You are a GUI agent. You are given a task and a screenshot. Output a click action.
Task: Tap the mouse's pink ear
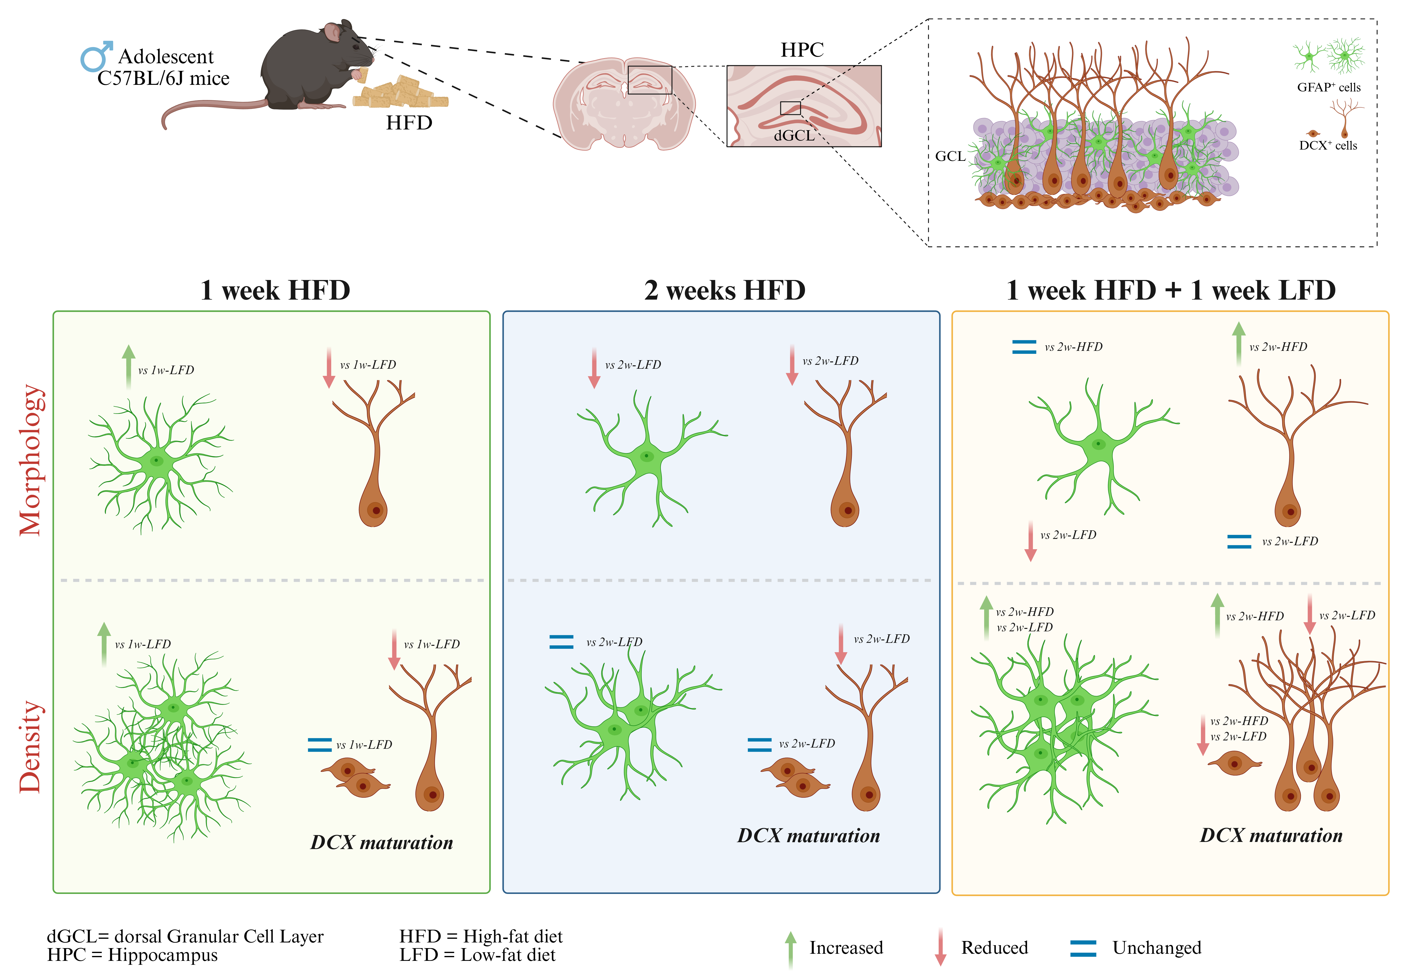pyautogui.click(x=333, y=32)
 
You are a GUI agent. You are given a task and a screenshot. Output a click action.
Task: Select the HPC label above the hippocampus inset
pyautogui.click(x=802, y=50)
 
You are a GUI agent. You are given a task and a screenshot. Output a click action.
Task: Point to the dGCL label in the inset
pyautogui.click(x=794, y=136)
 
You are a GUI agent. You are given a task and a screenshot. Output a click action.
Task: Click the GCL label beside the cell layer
pyautogui.click(x=950, y=156)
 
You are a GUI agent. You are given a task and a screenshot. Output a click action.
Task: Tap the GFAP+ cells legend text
pyautogui.click(x=1329, y=87)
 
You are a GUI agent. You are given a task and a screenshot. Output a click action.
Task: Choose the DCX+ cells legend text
pyautogui.click(x=1328, y=145)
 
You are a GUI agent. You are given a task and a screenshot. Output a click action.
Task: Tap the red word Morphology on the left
pyautogui.click(x=31, y=460)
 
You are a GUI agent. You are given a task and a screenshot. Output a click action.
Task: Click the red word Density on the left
pyautogui.click(x=31, y=747)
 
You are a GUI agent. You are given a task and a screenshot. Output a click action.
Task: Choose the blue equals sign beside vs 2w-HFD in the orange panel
pyautogui.click(x=1024, y=347)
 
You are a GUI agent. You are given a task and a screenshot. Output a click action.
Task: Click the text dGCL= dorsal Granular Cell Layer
pyautogui.click(x=185, y=936)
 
